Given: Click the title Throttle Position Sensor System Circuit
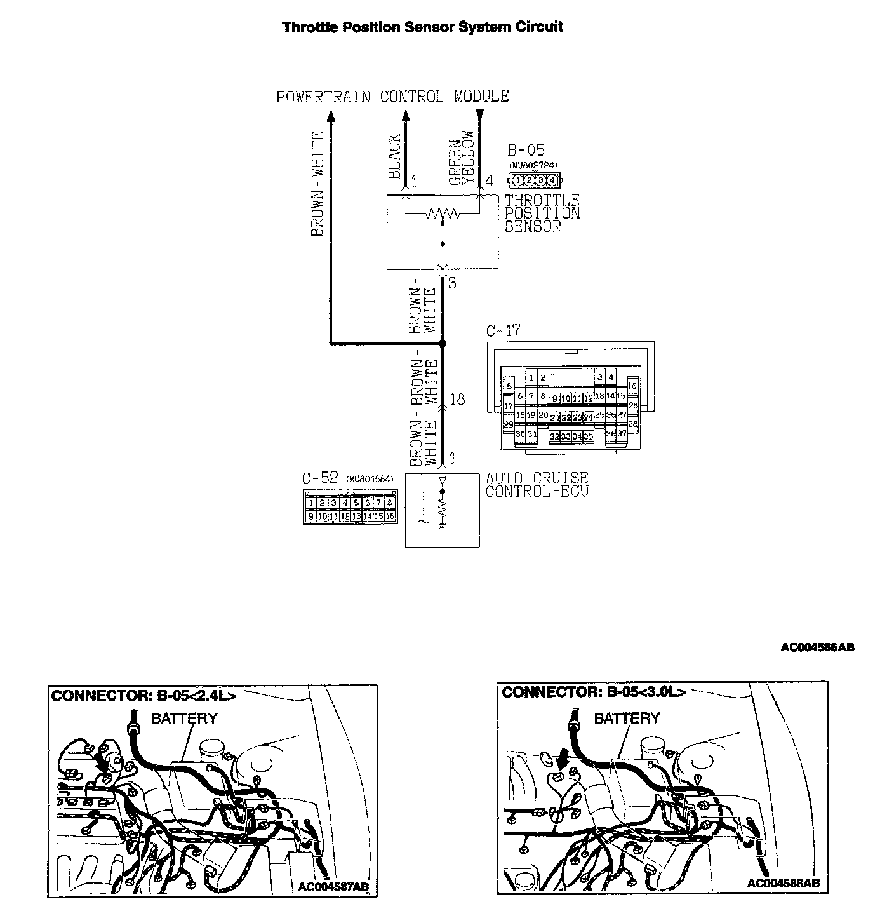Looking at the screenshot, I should pos(422,27).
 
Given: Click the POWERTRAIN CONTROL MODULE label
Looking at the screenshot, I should pos(392,97).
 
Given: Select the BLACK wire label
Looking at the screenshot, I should pos(394,156).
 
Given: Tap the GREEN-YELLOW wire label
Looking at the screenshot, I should pos(462,158).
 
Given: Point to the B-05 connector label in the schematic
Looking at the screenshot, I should pos(526,151).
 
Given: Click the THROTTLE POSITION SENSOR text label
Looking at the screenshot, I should pos(542,213).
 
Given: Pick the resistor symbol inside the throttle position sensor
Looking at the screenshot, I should pos(443,215).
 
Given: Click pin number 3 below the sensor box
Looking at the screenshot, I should pos(452,283).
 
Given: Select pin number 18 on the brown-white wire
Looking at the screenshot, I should pos(457,399).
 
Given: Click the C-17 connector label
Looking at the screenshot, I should pos(503,331).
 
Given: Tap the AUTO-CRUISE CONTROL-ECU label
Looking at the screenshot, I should pos(537,484).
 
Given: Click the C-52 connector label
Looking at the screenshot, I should pos(321,478).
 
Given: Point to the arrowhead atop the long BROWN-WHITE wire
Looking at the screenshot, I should pos(330,116).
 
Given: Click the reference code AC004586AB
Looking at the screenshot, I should pos(817,647).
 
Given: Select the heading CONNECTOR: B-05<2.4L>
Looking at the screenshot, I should pos(143,696).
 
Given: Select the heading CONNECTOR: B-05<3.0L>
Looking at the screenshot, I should pos(594,692).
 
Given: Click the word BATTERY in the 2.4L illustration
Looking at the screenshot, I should pos(184,719).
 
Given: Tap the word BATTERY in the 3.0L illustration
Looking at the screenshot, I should pos(627,719).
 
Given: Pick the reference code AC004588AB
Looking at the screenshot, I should pos(783,884).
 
